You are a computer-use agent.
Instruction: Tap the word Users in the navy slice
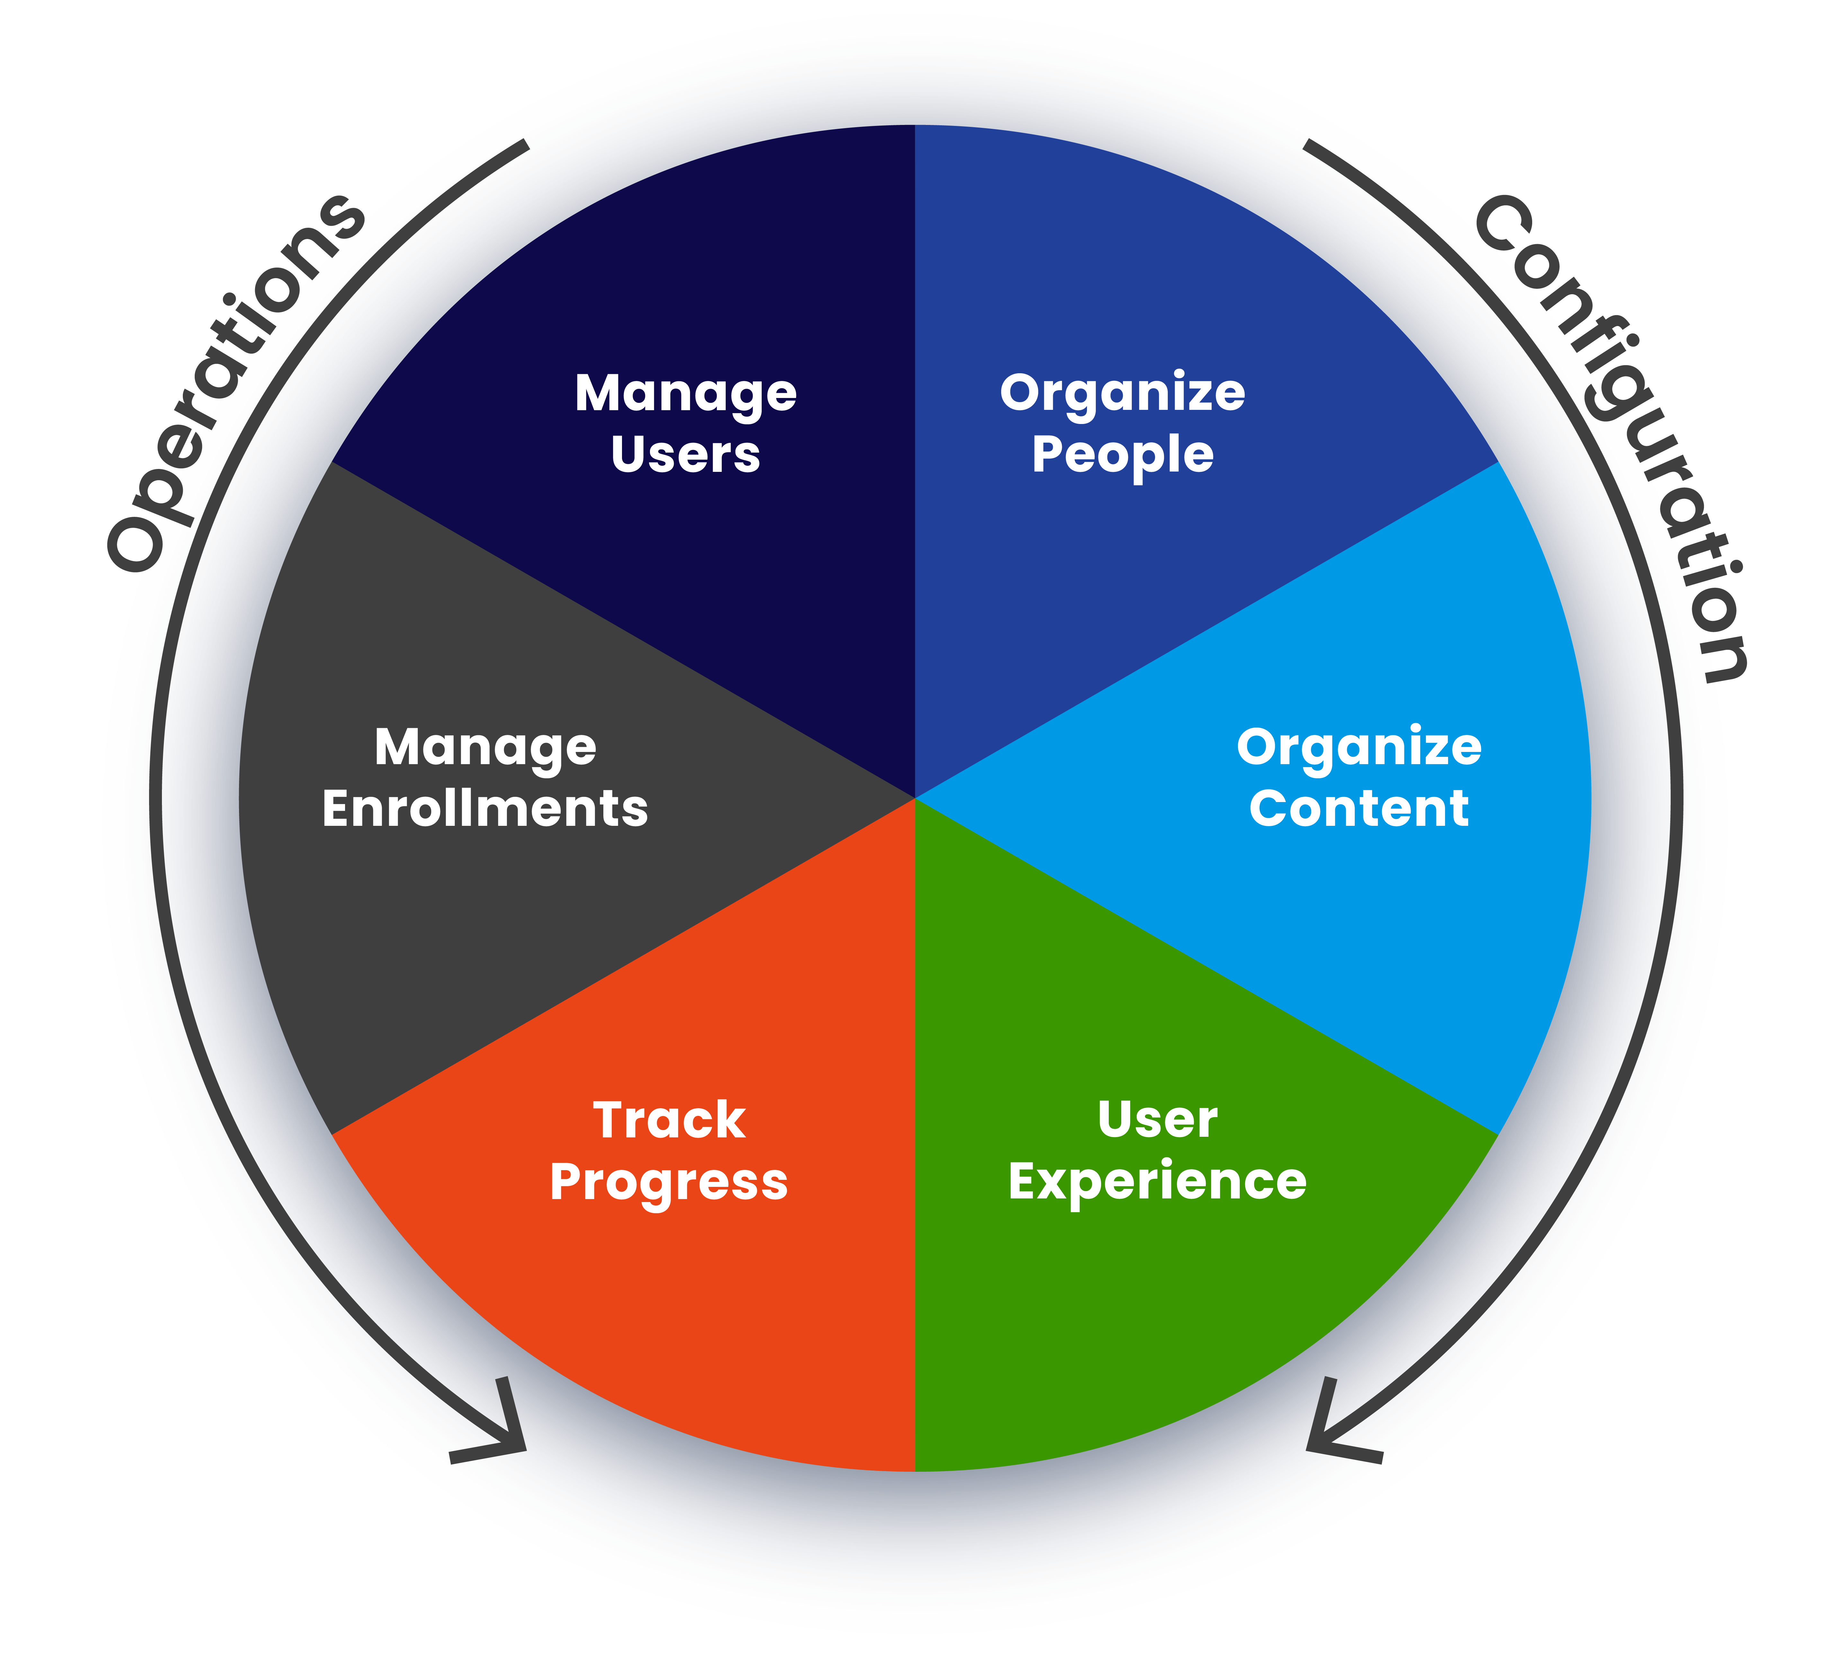point(685,455)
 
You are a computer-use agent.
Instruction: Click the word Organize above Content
point(1359,748)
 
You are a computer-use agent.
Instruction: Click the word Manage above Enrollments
point(485,748)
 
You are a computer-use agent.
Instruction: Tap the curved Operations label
point(236,381)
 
